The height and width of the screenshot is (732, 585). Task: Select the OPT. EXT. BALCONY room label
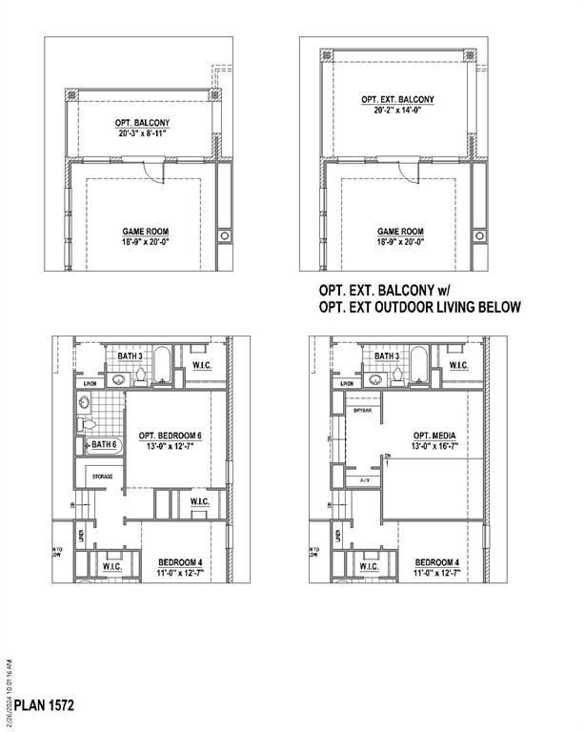[398, 99]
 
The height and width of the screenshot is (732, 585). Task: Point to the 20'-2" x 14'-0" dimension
[398, 111]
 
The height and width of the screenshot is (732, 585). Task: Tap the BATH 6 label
[103, 445]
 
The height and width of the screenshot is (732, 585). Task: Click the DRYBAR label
[362, 411]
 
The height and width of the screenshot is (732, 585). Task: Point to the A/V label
[364, 480]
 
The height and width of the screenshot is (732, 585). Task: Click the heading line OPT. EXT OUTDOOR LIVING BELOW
[420, 307]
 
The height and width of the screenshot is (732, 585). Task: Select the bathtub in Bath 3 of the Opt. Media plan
[418, 365]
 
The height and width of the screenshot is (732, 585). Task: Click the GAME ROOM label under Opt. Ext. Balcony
[400, 232]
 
